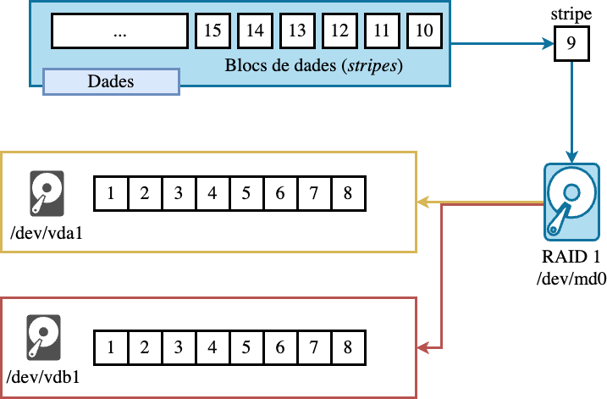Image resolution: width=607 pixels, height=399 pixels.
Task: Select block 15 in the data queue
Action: [212, 31]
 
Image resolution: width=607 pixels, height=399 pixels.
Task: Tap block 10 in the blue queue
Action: [424, 31]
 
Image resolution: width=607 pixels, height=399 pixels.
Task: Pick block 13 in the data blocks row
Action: [297, 31]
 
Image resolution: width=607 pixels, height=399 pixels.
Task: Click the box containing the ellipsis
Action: [119, 31]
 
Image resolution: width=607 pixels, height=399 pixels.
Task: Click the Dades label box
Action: [111, 81]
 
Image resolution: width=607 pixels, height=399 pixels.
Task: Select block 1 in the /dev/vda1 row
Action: [111, 195]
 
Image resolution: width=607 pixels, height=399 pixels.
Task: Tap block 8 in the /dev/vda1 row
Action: [348, 195]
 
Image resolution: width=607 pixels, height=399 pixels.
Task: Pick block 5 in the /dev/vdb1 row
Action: [246, 346]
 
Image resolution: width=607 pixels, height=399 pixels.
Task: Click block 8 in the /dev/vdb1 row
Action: [348, 346]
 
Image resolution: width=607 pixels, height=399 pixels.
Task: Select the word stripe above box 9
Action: [571, 15]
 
